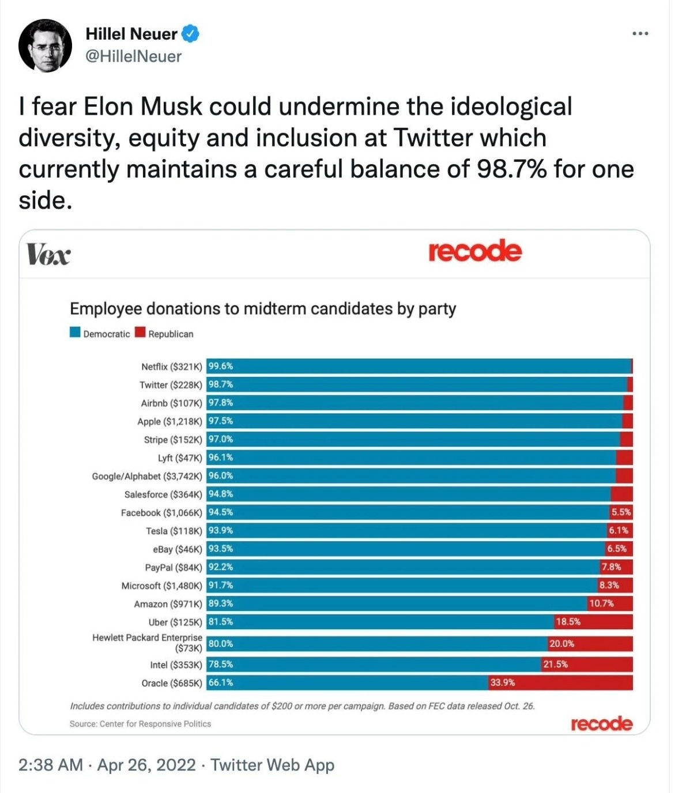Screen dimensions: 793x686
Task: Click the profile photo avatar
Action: coord(45,46)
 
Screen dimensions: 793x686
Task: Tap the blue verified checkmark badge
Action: coord(191,34)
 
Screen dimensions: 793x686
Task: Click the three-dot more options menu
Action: coord(640,34)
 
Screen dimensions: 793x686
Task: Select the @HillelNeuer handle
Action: coord(133,56)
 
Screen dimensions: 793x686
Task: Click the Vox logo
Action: coord(48,254)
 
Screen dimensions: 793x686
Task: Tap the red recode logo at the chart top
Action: coord(475,251)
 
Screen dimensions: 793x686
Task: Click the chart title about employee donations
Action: coord(263,309)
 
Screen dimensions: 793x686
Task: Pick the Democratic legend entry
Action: coord(100,334)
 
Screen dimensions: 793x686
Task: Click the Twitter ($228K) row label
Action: coord(171,385)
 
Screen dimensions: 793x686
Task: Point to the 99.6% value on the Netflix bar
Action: coord(220,366)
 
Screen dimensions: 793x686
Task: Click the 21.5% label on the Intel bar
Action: coord(555,664)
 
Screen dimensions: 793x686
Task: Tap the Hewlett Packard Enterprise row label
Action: coord(148,643)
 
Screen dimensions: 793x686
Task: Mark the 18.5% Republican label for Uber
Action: coord(568,622)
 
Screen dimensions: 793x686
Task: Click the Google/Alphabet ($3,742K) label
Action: coord(147,476)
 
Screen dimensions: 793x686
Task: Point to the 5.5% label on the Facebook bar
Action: coord(621,512)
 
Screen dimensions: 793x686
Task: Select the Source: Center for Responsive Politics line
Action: coord(140,724)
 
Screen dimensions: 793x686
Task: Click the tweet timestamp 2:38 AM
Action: coord(51,765)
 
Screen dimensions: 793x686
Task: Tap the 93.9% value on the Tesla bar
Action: coord(220,530)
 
